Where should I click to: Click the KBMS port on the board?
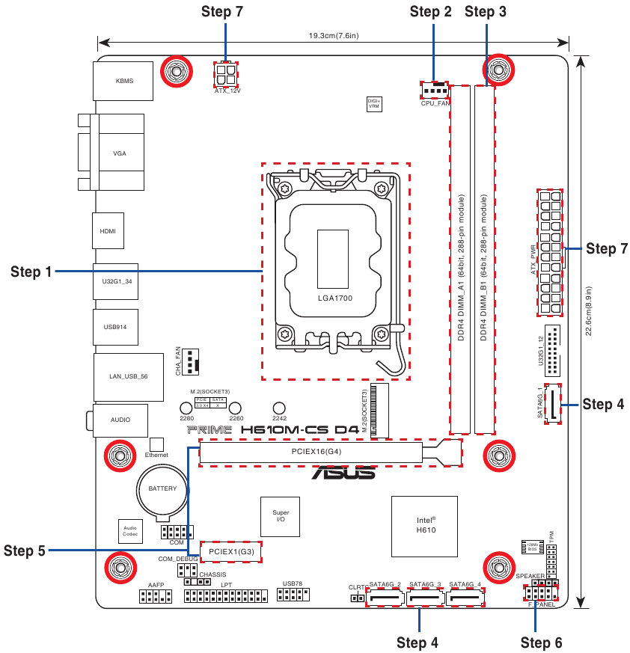[x=124, y=81]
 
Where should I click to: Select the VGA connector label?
[x=120, y=153]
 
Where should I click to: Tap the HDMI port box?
[x=108, y=231]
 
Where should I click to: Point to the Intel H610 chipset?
[x=426, y=525]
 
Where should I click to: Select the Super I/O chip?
[x=280, y=516]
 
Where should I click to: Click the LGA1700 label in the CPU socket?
[x=334, y=298]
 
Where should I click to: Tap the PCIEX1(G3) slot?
[x=231, y=552]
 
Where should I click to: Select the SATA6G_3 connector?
[x=425, y=597]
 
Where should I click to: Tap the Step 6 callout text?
[x=541, y=642]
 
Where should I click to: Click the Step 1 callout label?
[x=31, y=272]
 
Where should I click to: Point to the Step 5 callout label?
[x=25, y=551]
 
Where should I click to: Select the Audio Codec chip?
[x=130, y=531]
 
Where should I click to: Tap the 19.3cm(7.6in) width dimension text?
[x=334, y=35]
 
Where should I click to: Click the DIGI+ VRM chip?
[x=373, y=104]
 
